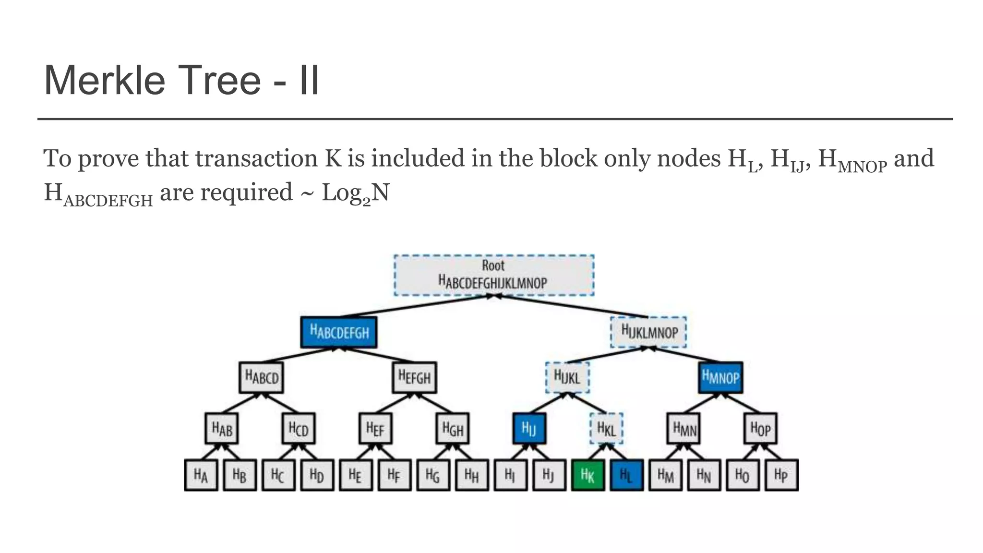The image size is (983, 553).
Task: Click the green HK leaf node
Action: (587, 475)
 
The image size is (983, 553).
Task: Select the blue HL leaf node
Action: (626, 475)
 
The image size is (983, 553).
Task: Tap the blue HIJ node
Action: (529, 428)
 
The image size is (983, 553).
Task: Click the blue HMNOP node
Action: (720, 377)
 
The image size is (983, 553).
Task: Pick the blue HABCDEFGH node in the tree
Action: (339, 332)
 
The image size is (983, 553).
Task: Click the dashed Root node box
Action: (494, 275)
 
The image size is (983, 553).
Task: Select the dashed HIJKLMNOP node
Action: (648, 332)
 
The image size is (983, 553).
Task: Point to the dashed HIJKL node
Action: (567, 377)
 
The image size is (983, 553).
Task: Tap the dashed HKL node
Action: (606, 428)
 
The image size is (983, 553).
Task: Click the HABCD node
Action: (261, 377)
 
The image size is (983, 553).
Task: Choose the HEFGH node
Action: (415, 377)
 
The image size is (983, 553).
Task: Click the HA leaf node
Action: (201, 475)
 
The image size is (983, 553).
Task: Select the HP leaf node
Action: (781, 475)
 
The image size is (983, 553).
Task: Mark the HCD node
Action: (299, 428)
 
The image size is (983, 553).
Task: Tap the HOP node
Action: (760, 428)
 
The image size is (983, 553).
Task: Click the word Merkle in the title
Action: (104, 80)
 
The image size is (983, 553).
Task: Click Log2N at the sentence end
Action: (355, 192)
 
